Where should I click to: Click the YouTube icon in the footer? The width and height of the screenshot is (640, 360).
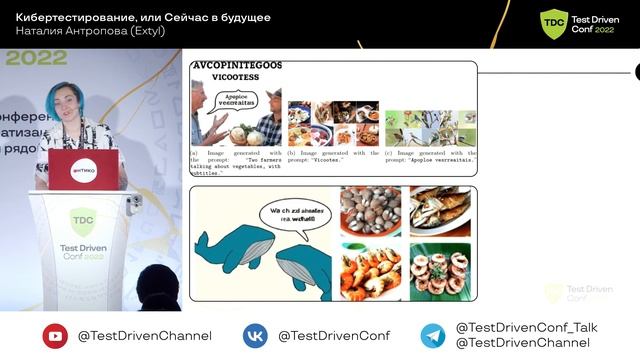pyautogui.click(x=55, y=336)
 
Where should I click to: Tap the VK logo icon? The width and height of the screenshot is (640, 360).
pyautogui.click(x=255, y=336)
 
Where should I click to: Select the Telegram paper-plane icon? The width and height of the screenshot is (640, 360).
pyautogui.click(x=432, y=336)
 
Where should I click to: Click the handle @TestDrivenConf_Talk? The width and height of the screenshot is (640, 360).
pyautogui.click(x=526, y=327)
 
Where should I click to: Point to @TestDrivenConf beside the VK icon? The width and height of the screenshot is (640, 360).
pyautogui.click(x=334, y=336)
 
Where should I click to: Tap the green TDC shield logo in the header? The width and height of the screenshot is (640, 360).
pyautogui.click(x=553, y=22)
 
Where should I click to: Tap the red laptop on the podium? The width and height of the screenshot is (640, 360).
pyautogui.click(x=84, y=168)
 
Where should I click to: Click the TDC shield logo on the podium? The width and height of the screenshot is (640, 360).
pyautogui.click(x=82, y=221)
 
